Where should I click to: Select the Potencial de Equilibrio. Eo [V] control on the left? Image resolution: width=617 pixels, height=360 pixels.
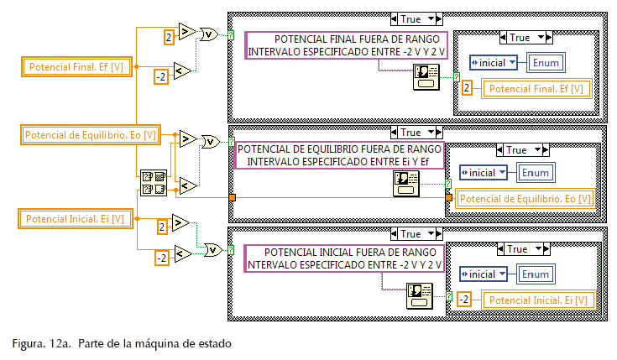pyautogui.click(x=91, y=134)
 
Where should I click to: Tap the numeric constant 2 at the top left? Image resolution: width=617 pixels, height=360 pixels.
pyautogui.click(x=169, y=36)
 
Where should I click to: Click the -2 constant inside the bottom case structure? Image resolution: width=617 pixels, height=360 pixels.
pyautogui.click(x=463, y=299)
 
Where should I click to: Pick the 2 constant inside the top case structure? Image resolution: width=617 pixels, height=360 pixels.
pyautogui.click(x=468, y=87)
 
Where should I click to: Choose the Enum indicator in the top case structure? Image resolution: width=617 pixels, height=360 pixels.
pyautogui.click(x=544, y=62)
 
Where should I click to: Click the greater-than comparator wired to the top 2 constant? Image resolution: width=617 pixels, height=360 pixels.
pyautogui.click(x=186, y=31)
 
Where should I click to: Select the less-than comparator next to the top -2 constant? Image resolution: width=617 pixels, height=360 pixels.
pyautogui.click(x=182, y=70)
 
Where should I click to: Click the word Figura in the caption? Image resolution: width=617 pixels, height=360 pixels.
pyautogui.click(x=28, y=343)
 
